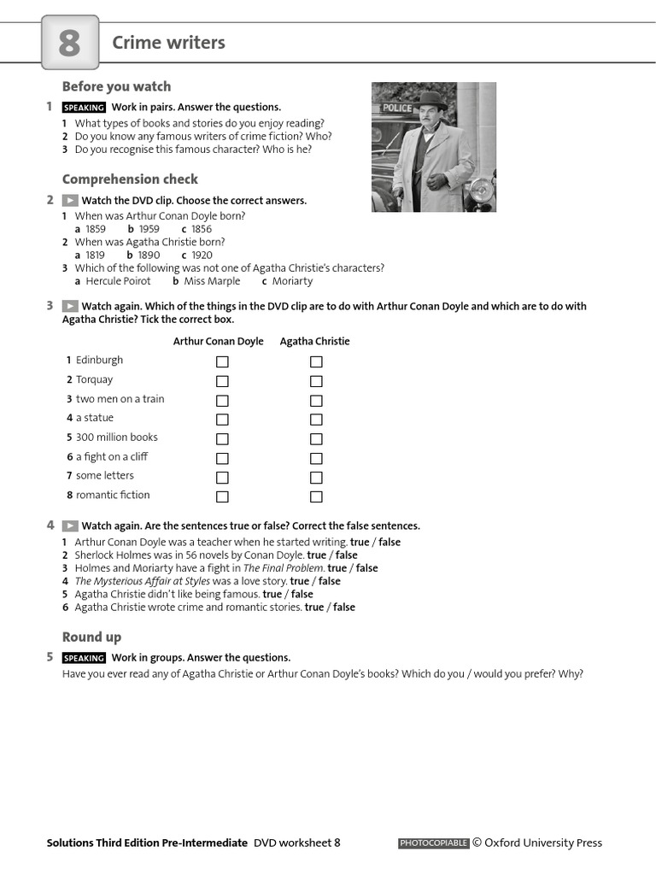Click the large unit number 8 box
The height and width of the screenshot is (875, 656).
70,43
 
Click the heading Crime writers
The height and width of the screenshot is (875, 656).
168,43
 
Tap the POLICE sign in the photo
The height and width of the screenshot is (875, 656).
397,108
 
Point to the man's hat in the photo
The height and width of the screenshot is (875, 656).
431,98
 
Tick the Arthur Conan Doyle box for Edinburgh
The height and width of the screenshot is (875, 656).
222,361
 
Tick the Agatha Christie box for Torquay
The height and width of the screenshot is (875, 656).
316,381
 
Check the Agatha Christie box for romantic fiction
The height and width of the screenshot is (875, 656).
316,496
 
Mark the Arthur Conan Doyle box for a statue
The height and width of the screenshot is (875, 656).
222,420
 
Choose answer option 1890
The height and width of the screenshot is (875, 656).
149,255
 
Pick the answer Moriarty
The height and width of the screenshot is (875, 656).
292,281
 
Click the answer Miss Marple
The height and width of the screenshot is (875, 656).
212,281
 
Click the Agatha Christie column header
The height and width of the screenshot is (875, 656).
314,341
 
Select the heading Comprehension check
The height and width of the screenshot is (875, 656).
130,179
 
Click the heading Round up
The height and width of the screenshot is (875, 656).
91,637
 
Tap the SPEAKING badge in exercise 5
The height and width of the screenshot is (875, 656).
84,658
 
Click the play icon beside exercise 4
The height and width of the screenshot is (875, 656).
70,526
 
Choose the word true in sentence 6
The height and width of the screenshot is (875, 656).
313,607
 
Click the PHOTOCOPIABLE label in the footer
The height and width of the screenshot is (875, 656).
433,843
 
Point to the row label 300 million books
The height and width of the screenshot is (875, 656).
116,437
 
